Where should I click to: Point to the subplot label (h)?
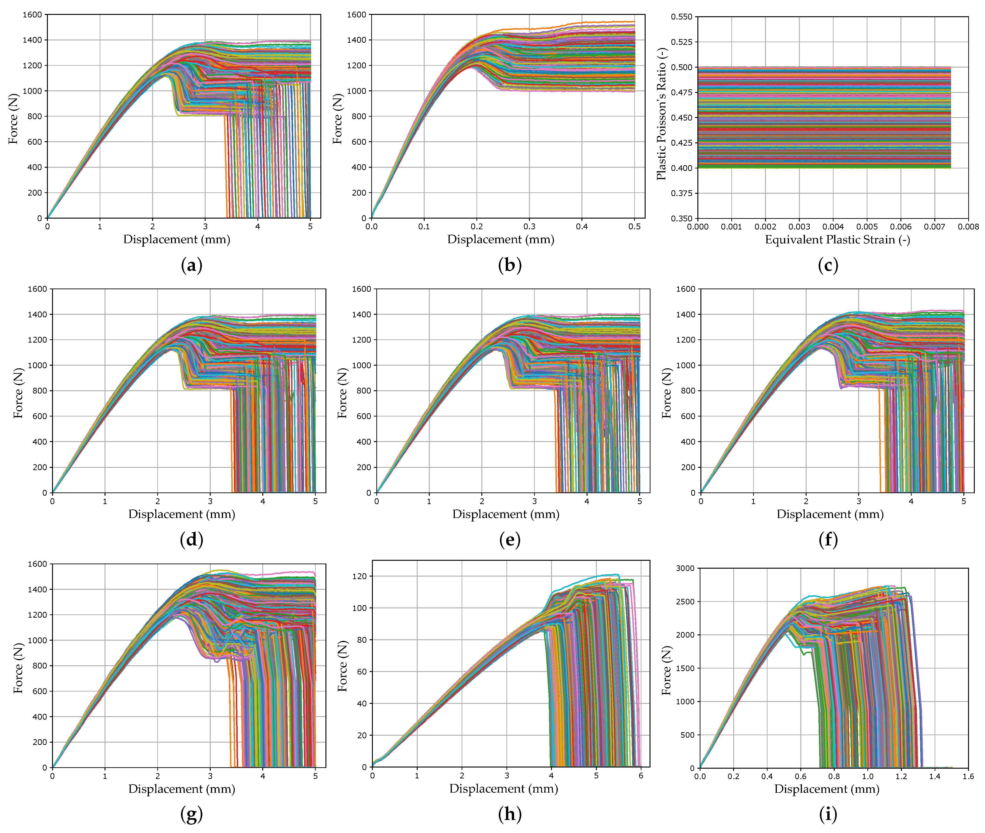point(509,814)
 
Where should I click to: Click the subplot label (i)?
point(828,814)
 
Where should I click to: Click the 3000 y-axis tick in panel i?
point(685,569)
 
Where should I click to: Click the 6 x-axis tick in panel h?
point(641,775)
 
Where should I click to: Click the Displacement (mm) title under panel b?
point(501,239)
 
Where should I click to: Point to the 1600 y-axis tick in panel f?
point(686,289)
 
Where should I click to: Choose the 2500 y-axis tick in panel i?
point(685,602)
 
